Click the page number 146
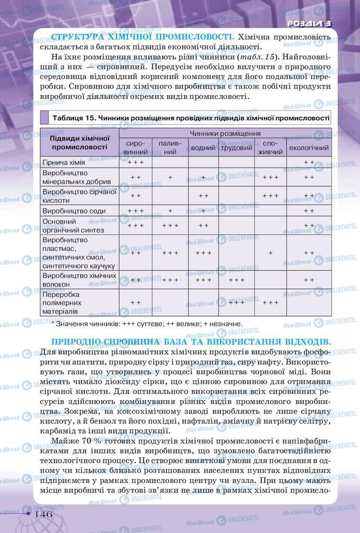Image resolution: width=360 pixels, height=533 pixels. [43, 514]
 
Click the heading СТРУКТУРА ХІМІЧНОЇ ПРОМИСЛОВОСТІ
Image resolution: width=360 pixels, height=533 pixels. [140, 37]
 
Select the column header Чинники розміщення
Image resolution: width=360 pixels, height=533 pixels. [225, 133]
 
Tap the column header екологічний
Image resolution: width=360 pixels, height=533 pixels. [309, 148]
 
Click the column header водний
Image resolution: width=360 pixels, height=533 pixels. [203, 148]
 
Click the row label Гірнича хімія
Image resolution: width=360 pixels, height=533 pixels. [63, 162]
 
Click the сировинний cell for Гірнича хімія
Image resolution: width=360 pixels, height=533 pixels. [136, 162]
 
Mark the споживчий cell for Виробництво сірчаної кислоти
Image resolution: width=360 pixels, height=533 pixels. [271, 196]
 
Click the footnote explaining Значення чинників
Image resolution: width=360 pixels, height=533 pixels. [147, 323]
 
